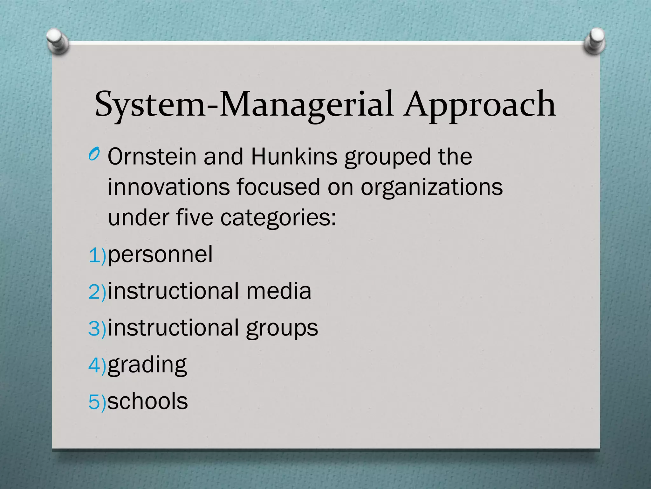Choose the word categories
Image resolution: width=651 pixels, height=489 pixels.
(278, 219)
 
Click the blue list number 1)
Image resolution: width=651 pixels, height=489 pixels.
(97, 255)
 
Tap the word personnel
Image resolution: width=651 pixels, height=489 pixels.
(160, 255)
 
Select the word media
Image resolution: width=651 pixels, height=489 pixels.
(279, 291)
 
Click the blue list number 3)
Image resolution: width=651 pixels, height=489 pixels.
(97, 328)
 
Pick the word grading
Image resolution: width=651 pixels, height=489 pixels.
(147, 365)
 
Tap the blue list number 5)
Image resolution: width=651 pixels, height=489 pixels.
(97, 402)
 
